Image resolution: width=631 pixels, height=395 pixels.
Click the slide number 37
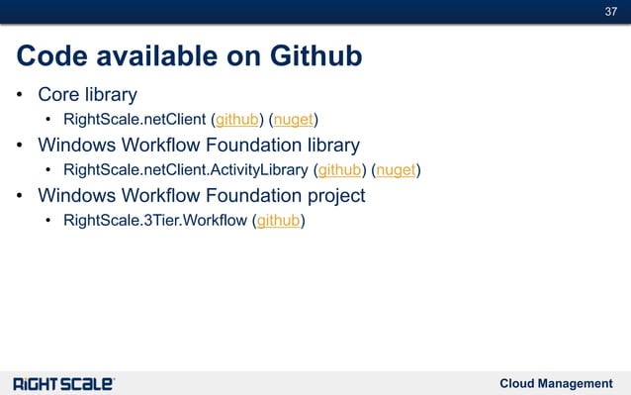tap(610, 11)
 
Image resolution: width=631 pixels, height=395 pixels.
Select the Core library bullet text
tap(87, 96)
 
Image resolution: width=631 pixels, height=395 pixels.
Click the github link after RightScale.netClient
tap(237, 122)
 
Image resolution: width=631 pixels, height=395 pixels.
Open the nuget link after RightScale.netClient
tap(294, 122)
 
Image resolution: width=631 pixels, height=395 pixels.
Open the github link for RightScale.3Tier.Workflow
tap(279, 220)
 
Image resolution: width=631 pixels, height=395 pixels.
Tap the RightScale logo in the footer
tap(64, 383)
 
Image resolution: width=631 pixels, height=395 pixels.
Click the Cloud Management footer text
tap(556, 383)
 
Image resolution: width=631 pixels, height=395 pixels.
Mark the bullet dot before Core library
tap(20, 97)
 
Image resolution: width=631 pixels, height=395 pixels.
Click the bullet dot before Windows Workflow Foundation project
tap(20, 196)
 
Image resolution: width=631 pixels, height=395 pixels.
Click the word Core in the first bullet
tap(58, 96)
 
